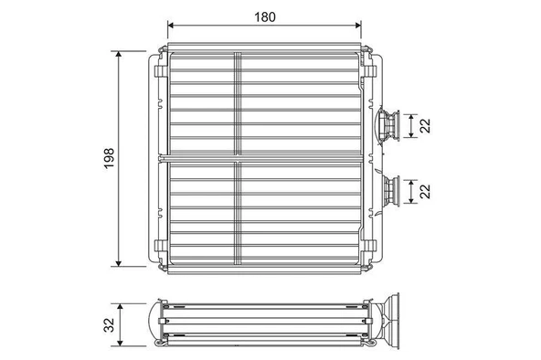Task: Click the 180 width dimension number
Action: click(264, 16)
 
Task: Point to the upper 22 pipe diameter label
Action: click(423, 125)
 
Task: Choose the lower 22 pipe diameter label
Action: click(423, 191)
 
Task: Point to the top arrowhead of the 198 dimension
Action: click(120, 54)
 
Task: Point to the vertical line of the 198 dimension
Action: click(120, 110)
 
